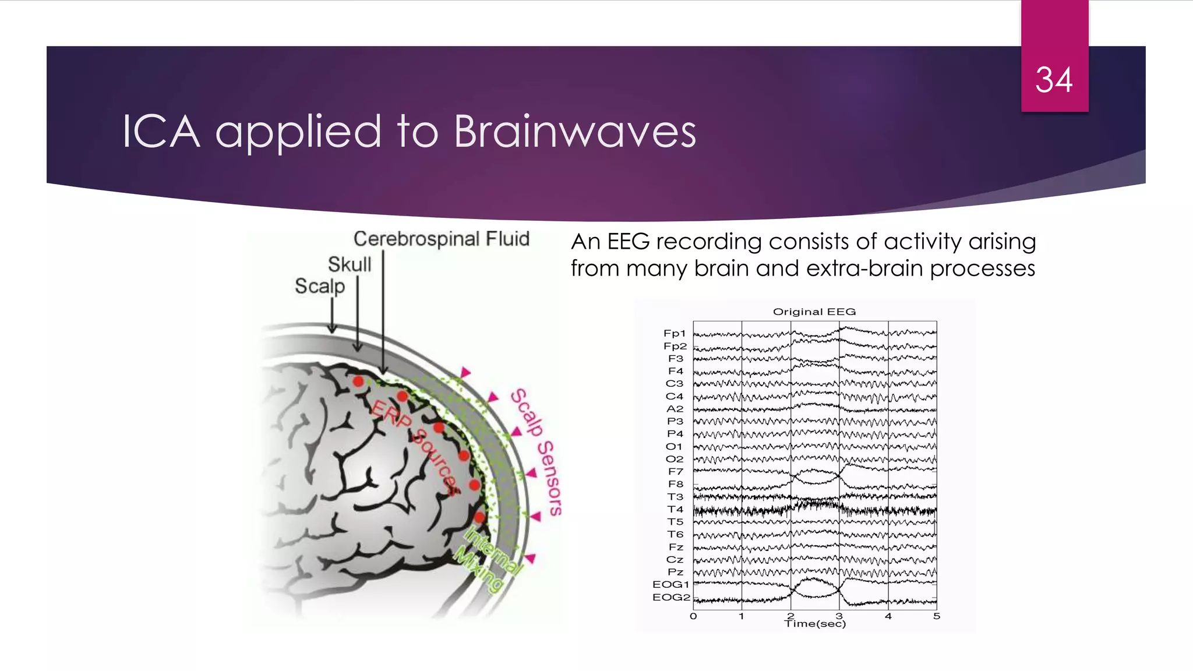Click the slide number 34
[x=1053, y=80]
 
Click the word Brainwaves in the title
[x=574, y=132]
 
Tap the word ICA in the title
[x=161, y=132]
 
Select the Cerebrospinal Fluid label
[x=441, y=239]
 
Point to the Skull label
[x=349, y=264]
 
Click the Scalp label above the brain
[x=319, y=286]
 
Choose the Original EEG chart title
[x=814, y=312]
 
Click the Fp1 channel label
[x=675, y=333]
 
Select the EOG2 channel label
[x=671, y=597]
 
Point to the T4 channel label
[x=675, y=509]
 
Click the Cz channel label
[x=675, y=559]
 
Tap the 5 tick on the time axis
[x=936, y=616]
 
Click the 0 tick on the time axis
[x=693, y=616]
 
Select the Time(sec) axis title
[x=815, y=624]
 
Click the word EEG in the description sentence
[x=628, y=242]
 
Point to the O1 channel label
[x=674, y=446]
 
